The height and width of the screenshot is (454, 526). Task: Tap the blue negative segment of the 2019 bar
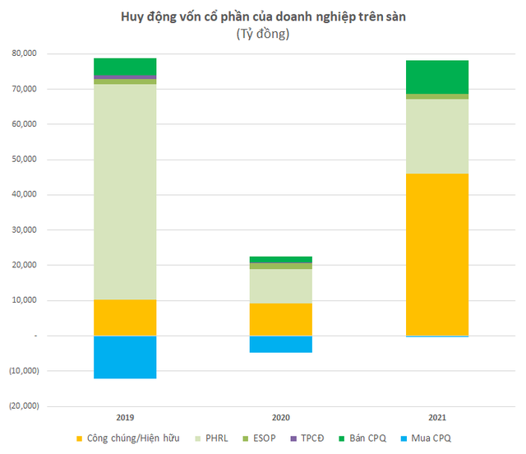point(125,357)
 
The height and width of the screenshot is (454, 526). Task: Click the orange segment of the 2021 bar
point(437,254)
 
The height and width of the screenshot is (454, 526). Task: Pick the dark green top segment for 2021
point(437,76)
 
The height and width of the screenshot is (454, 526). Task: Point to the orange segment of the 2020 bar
point(281,319)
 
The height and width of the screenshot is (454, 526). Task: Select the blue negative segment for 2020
point(281,344)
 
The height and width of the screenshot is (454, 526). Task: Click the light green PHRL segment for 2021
point(437,136)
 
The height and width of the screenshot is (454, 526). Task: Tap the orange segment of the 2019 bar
point(125,317)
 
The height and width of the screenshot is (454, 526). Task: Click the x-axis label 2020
point(281,418)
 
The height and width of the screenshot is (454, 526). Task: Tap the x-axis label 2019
point(125,418)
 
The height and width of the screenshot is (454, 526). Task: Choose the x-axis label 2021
point(437,418)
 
